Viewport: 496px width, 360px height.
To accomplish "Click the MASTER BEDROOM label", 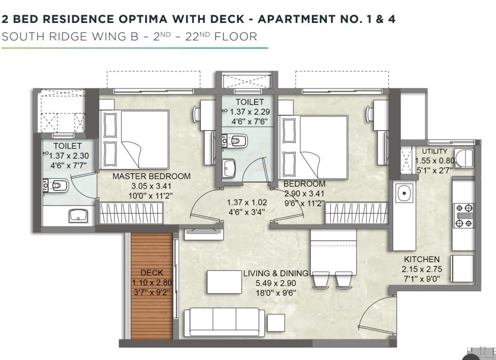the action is (152, 176).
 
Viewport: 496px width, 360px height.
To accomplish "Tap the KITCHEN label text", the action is (422, 259).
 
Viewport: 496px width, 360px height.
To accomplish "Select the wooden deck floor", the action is (152, 286).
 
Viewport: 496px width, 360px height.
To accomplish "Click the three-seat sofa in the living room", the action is (224, 322).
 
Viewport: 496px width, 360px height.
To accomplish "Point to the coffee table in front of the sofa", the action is (225, 282).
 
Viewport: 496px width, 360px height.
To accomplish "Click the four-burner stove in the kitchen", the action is (464, 215).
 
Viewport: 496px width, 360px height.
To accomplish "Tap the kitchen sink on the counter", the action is (404, 192).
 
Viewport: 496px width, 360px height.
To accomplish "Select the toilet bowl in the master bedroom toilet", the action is (56, 186).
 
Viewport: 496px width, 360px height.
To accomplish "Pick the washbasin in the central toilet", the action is (229, 168).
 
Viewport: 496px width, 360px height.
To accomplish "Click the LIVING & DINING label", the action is (276, 273).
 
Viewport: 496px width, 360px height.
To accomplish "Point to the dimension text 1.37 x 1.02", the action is (247, 202).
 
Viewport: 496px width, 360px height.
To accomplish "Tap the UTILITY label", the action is (434, 151).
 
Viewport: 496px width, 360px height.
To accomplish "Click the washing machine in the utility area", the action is (464, 158).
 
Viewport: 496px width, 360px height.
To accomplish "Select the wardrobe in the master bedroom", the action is (131, 213).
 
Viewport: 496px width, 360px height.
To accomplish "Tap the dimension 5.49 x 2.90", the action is (276, 283).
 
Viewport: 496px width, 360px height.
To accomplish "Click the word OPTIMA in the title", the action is (143, 19).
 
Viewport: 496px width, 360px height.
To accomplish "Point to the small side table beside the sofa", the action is (276, 323).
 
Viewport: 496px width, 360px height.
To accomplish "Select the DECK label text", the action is (152, 272).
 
